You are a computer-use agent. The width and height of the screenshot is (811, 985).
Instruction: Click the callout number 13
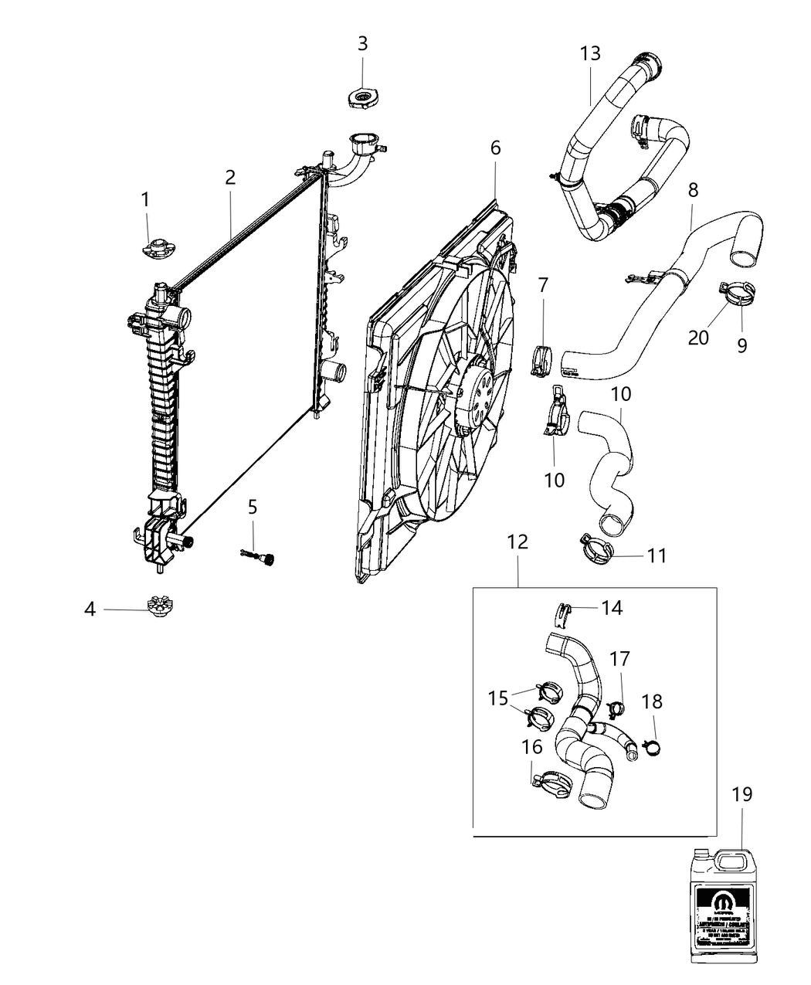tap(590, 54)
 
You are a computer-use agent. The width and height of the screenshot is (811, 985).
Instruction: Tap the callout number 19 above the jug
tap(742, 793)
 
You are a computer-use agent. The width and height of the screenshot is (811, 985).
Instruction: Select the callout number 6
tap(495, 148)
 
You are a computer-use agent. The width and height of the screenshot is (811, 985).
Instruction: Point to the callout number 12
tap(517, 542)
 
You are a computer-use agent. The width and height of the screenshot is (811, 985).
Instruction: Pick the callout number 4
tap(90, 610)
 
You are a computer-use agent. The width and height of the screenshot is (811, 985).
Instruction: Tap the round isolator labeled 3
tap(361, 99)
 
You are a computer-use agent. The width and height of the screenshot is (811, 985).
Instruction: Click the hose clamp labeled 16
tap(550, 783)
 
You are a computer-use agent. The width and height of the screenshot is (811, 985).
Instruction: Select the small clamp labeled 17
tap(616, 706)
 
